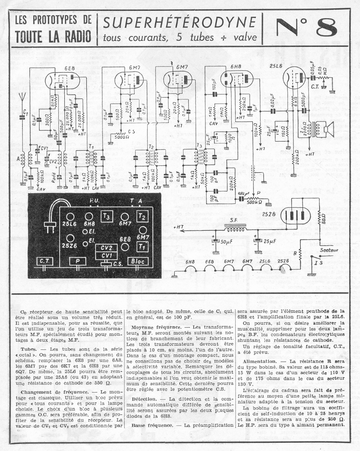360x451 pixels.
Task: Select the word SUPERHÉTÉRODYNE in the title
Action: tap(179, 22)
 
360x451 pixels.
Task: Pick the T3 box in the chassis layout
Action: tap(107, 216)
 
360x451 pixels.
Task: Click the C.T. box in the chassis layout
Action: tap(45, 261)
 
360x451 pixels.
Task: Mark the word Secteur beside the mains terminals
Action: tap(329, 249)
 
